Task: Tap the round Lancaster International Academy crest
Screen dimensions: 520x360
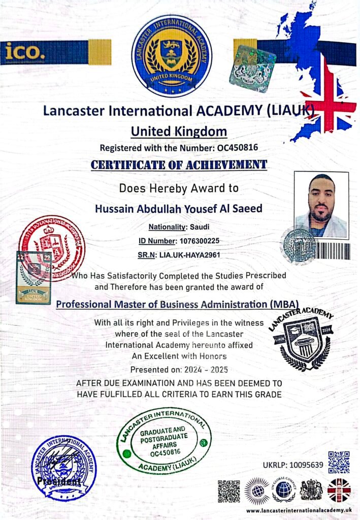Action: (x=172, y=56)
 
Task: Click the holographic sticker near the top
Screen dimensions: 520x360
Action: (x=252, y=69)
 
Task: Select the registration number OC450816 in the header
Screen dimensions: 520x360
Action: (x=238, y=148)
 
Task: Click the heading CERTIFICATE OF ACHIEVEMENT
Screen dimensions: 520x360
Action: (x=179, y=165)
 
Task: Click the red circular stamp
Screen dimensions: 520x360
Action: (x=52, y=248)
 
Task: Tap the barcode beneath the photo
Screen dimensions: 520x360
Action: (x=333, y=251)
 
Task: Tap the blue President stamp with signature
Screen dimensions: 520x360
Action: (x=63, y=467)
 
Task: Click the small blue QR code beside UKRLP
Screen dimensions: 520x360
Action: (x=339, y=462)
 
